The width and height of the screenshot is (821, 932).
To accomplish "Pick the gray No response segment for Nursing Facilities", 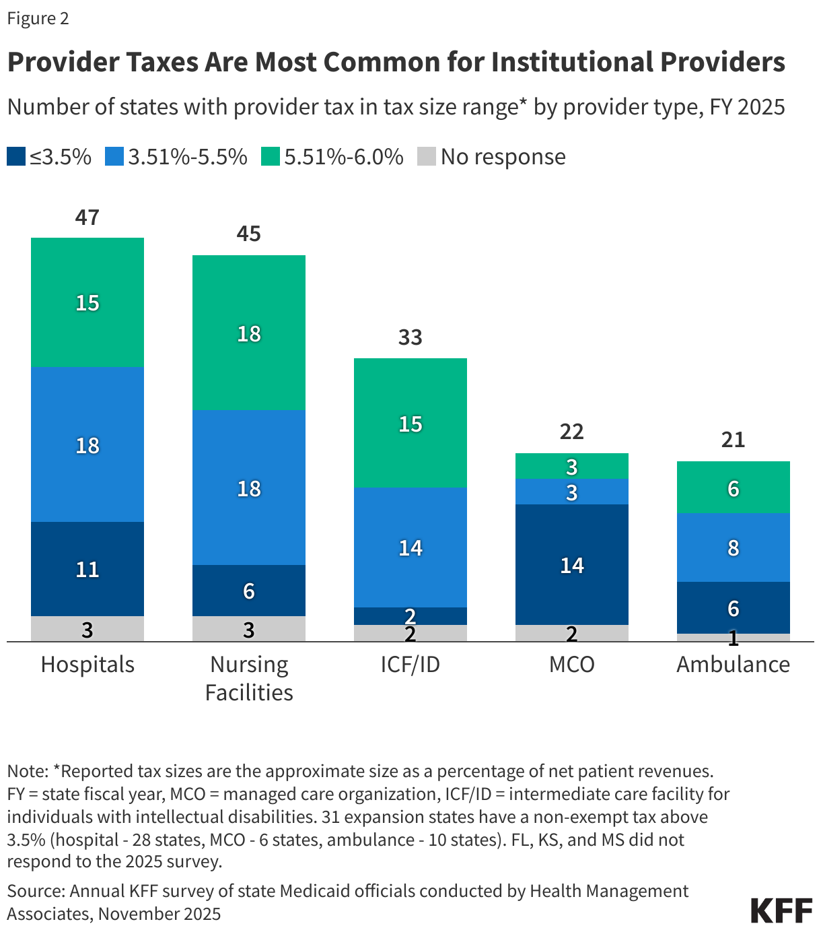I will (248, 629).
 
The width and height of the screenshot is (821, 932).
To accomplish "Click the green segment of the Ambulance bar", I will (733, 487).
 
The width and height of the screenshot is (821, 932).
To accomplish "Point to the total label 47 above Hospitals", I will (87, 218).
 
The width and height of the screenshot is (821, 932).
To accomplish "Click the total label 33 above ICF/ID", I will (410, 337).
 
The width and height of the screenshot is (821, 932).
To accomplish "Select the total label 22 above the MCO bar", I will (571, 432).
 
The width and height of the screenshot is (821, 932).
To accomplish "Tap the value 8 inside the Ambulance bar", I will (733, 548).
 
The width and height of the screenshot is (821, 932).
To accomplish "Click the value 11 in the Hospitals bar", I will (87, 570).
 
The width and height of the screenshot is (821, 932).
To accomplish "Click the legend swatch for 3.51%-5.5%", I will (114, 157).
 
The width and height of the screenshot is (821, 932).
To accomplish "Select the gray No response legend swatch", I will (427, 157).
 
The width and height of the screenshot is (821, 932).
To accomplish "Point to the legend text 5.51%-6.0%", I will (343, 157).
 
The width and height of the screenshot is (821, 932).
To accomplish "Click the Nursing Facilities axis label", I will (248, 678).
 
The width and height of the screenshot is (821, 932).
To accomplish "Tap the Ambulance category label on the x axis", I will (733, 665).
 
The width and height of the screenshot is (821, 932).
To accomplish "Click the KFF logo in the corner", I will (781, 910).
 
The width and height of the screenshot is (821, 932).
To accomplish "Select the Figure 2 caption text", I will (38, 18).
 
